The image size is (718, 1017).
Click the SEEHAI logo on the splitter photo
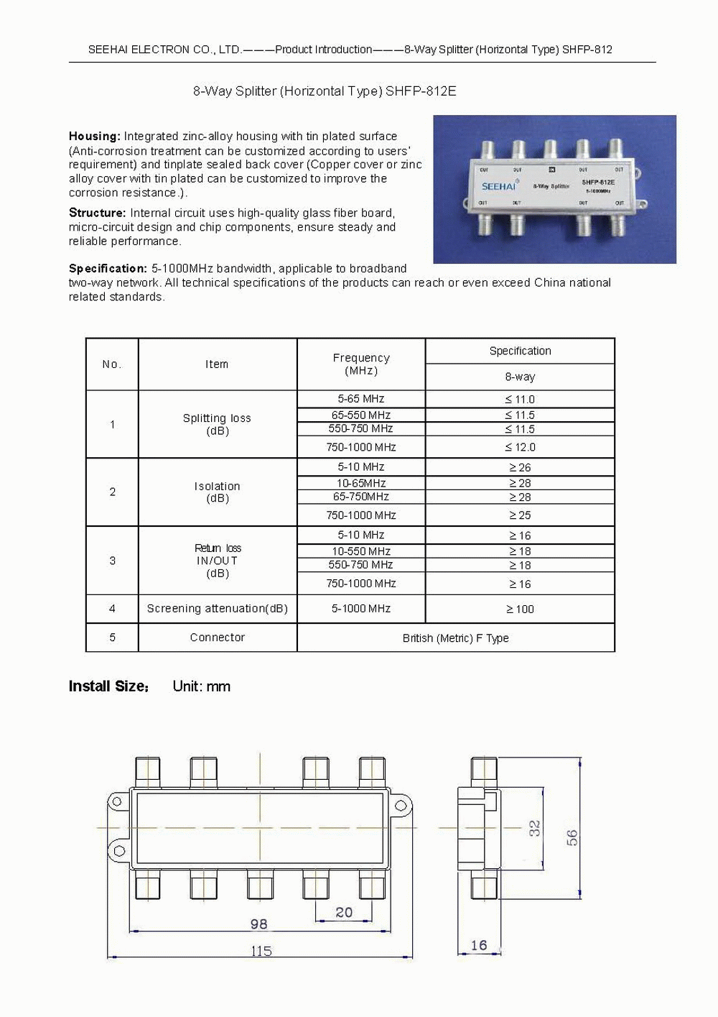coord(498,186)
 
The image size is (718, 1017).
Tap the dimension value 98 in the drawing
coord(258,924)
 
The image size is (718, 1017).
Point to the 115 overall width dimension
coord(261,951)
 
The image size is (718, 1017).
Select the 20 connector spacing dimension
coord(344,912)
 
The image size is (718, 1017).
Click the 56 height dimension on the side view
coord(572,837)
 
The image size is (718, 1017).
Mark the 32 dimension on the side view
coord(535,828)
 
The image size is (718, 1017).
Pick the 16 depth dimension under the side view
coord(479,945)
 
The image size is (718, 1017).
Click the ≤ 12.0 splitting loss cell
coord(520,447)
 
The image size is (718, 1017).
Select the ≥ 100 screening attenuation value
coord(520,609)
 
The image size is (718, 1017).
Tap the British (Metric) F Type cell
coord(455,638)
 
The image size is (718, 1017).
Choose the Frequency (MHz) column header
coord(361,364)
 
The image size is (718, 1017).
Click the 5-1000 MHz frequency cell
coord(361,609)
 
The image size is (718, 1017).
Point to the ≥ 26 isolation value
coord(520,467)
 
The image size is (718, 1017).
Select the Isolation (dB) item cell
coord(217,492)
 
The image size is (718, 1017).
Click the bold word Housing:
coord(94,136)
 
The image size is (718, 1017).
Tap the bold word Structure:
coord(97,213)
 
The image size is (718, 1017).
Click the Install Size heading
coord(108,686)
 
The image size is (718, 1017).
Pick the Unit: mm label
coord(201,686)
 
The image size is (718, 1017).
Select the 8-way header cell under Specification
coord(520,377)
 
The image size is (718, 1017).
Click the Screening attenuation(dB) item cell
coord(217,609)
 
